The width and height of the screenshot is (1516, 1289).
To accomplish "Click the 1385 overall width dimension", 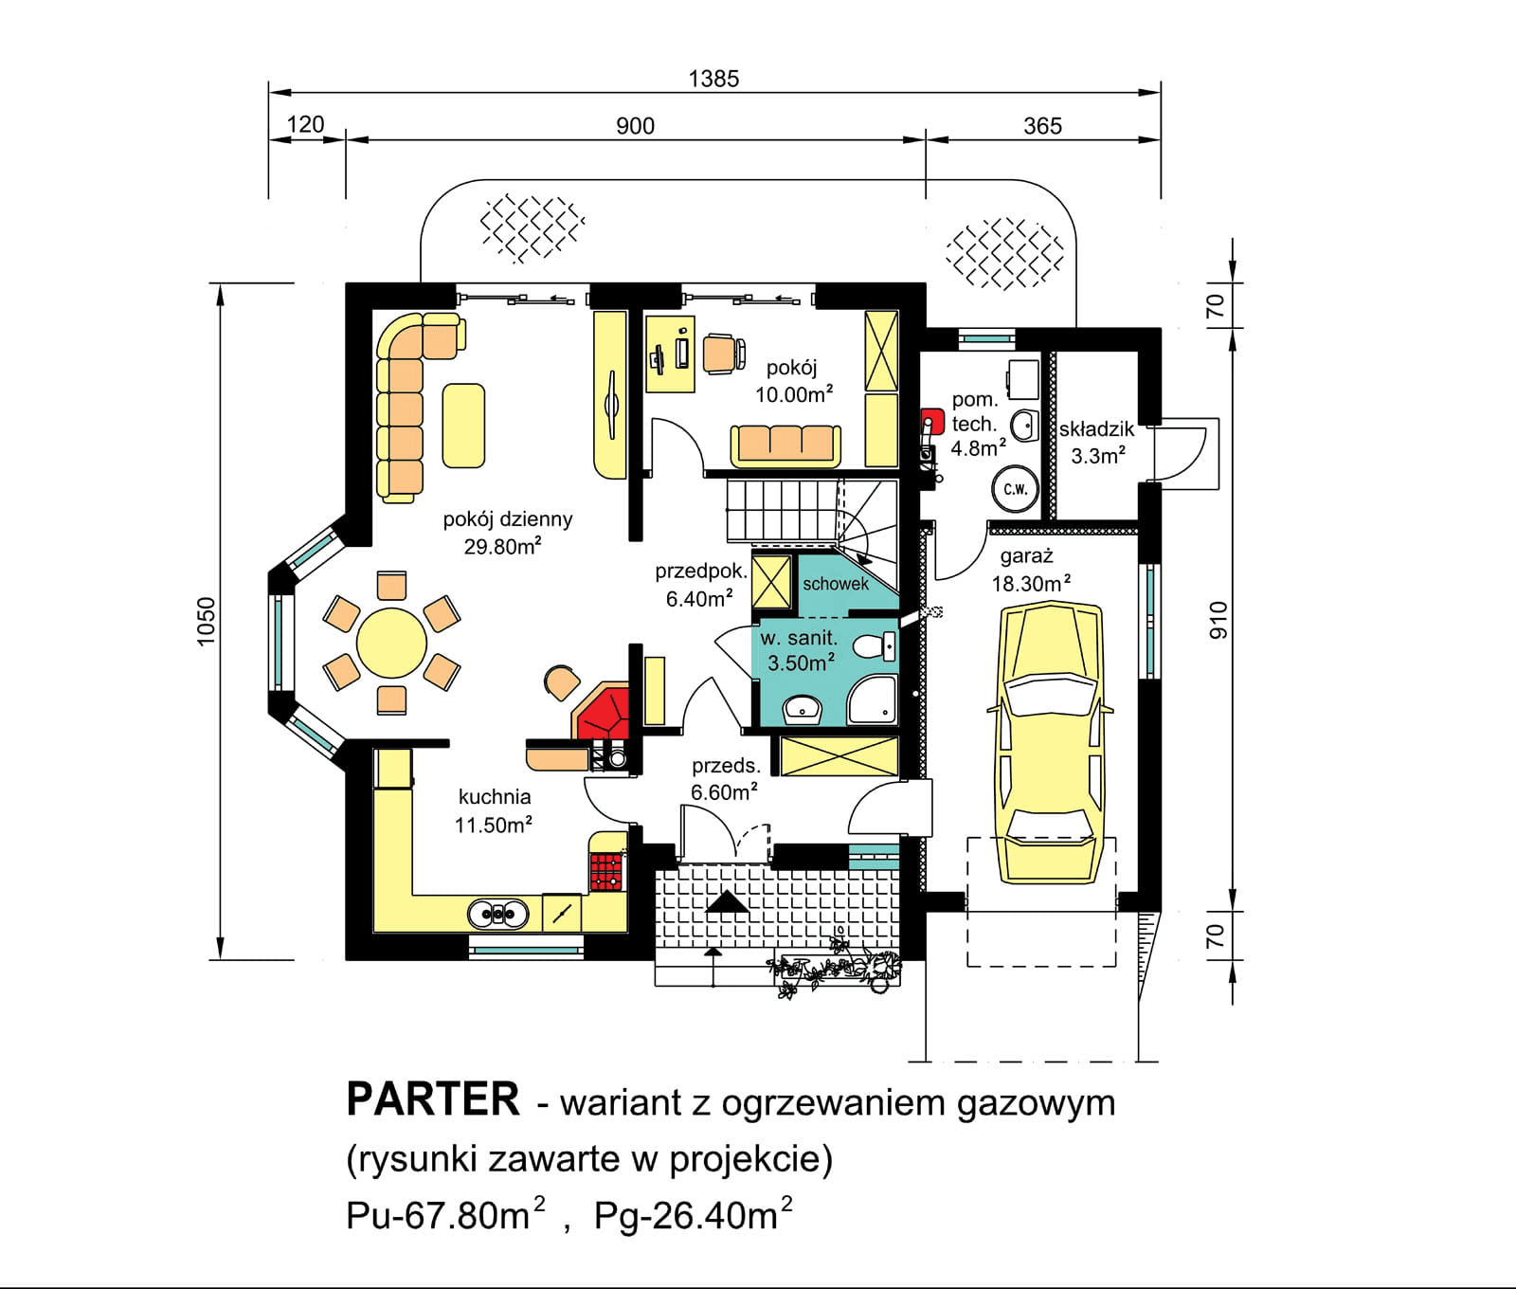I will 713,79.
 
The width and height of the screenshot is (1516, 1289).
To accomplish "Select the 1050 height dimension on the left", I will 207,621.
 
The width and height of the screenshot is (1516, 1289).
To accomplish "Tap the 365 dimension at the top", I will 1042,126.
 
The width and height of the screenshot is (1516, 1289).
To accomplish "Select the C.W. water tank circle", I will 1015,489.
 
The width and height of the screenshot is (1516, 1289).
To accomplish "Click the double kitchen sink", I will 497,914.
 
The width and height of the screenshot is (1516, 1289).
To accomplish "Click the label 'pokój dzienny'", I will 507,519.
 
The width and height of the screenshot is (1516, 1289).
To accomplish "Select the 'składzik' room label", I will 1096,428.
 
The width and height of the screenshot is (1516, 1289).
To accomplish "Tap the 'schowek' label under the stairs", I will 835,584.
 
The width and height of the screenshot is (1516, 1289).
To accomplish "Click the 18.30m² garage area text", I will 1030,584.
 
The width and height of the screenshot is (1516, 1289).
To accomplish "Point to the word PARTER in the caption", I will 433,1100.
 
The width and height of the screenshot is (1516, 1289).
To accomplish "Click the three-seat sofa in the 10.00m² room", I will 785,445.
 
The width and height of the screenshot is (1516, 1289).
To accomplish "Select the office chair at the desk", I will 722,354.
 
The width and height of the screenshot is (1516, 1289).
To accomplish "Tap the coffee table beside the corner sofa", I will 463,425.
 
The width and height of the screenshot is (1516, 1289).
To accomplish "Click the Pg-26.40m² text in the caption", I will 693,1215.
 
